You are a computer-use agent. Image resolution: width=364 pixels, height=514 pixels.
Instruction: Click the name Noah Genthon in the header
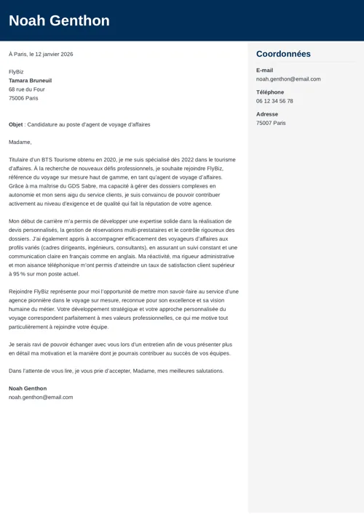59,20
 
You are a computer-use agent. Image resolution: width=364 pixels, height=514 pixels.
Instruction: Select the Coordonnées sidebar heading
283,54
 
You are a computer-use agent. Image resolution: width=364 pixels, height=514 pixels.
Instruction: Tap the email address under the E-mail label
288,79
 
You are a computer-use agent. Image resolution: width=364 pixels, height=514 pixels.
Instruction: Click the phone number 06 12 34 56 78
274,101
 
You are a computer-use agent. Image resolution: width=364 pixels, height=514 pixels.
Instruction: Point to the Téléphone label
270,92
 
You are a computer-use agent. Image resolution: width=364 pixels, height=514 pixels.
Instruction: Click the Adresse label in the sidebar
266,114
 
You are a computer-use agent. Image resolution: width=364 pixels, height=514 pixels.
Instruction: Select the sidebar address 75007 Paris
271,123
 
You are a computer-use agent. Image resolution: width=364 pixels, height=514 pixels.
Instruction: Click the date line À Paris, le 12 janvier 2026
41,54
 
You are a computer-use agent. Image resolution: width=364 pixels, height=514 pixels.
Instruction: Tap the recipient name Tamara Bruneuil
30,81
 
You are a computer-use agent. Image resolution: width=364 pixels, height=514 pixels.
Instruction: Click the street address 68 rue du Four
27,89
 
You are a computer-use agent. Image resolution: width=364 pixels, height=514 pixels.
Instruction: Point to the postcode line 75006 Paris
23,98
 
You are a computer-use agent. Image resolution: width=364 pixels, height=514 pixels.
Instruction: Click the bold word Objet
15,124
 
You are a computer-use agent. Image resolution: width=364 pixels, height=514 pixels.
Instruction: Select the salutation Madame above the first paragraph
20,142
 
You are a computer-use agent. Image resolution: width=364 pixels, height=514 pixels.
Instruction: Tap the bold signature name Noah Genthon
28,388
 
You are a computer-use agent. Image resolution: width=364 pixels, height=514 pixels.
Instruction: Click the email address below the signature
41,397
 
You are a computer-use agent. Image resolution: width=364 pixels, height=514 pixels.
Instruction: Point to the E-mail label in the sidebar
264,70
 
